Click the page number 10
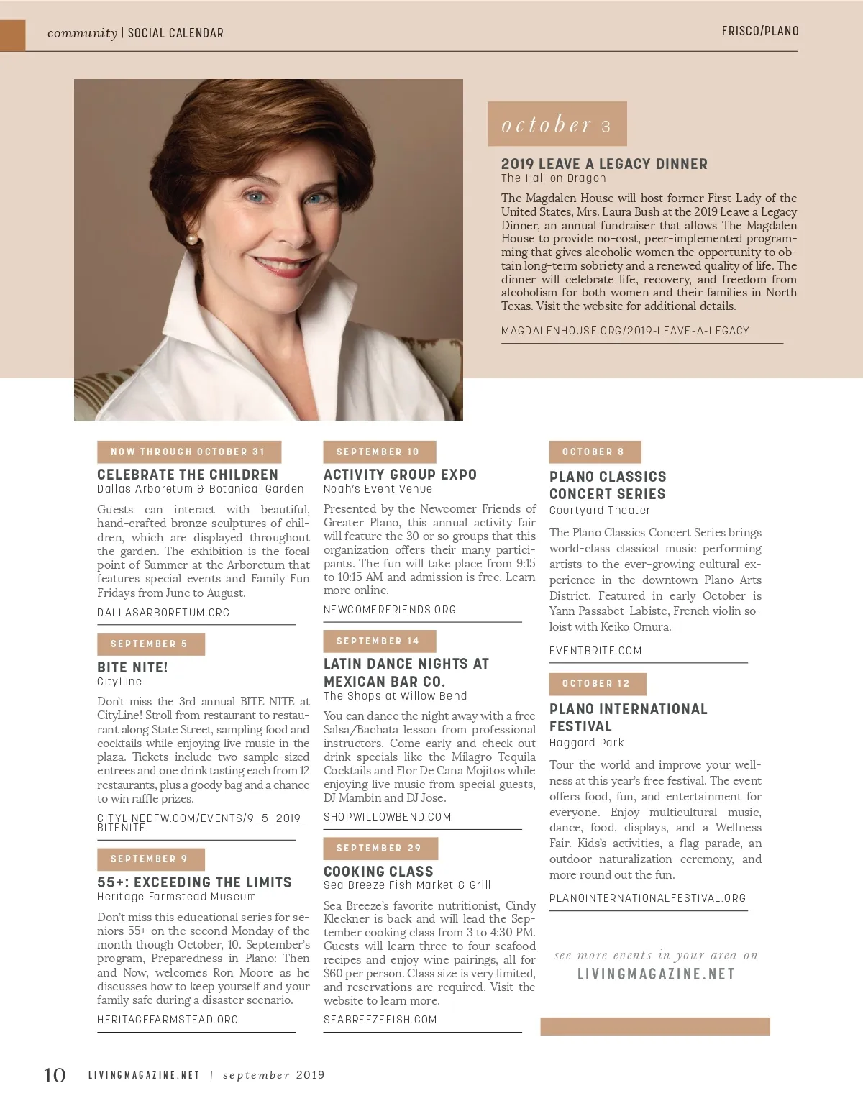tap(55, 1075)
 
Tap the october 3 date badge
tap(557, 124)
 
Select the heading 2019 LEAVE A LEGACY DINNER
tap(604, 164)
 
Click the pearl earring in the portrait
tap(191, 239)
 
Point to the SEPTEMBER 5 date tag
tap(150, 644)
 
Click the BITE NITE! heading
tap(132, 667)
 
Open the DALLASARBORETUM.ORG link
tap(163, 613)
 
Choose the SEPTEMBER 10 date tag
tap(378, 452)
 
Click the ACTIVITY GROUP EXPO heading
tap(400, 475)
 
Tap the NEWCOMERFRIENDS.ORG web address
tap(390, 610)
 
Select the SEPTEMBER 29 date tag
tap(380, 848)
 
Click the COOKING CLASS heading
tap(378, 871)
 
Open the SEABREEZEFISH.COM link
tap(380, 1020)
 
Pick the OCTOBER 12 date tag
tap(596, 683)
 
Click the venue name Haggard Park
tap(586, 743)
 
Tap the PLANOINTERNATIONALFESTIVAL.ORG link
tap(647, 898)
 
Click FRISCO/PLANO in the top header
tap(760, 31)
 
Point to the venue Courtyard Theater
tap(599, 511)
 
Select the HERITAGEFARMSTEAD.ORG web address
tap(168, 1020)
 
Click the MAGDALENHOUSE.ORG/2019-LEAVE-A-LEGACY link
tap(625, 331)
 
